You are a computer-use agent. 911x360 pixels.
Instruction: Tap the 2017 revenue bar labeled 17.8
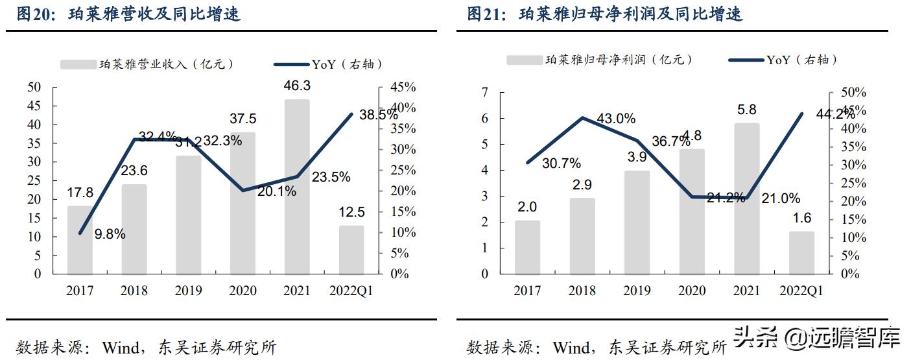pyautogui.click(x=80, y=239)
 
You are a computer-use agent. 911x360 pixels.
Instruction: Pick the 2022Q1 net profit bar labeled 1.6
pyautogui.click(x=801, y=252)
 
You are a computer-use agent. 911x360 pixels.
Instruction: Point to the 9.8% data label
pyautogui.click(x=110, y=234)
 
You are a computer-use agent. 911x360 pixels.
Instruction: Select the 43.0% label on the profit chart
pyautogui.click(x=616, y=119)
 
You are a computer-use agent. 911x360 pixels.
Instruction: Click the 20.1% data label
pyautogui.click(x=277, y=191)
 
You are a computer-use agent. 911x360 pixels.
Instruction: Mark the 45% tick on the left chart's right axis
pyautogui.click(x=403, y=87)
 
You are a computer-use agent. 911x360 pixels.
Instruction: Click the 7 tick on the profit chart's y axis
pyautogui.click(x=484, y=92)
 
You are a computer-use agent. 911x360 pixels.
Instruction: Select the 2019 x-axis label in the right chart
pyautogui.click(x=636, y=291)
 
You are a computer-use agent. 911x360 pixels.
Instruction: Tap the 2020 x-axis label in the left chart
pyautogui.click(x=243, y=291)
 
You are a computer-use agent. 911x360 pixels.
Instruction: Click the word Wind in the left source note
pyautogui.click(x=121, y=348)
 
